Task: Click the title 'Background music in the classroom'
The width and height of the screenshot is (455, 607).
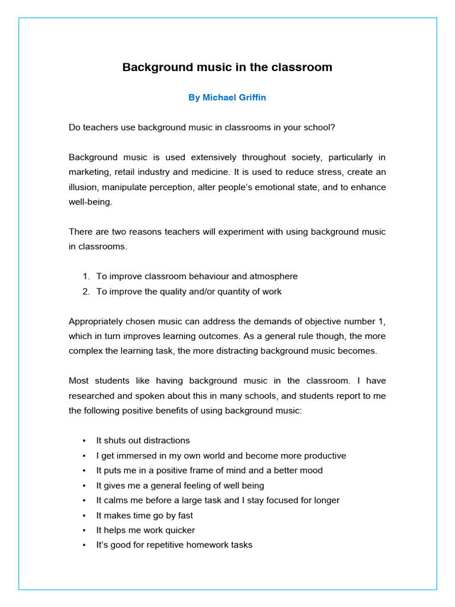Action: pyautogui.click(x=227, y=68)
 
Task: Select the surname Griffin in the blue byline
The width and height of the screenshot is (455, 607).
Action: pyautogui.click(x=249, y=98)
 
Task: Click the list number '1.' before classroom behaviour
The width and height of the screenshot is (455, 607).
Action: pyautogui.click(x=86, y=276)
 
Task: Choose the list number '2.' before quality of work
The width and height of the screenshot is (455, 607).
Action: pyautogui.click(x=86, y=292)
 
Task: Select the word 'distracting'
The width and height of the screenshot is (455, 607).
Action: pyautogui.click(x=238, y=351)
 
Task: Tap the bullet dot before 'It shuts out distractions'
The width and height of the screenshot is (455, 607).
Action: pyautogui.click(x=84, y=441)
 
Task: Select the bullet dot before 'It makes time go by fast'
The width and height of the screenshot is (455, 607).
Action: pyautogui.click(x=84, y=516)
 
